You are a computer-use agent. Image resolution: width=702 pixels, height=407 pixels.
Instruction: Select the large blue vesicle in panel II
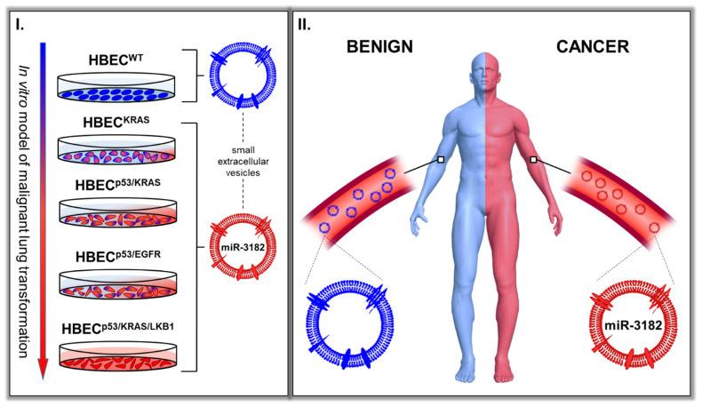[348, 322]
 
